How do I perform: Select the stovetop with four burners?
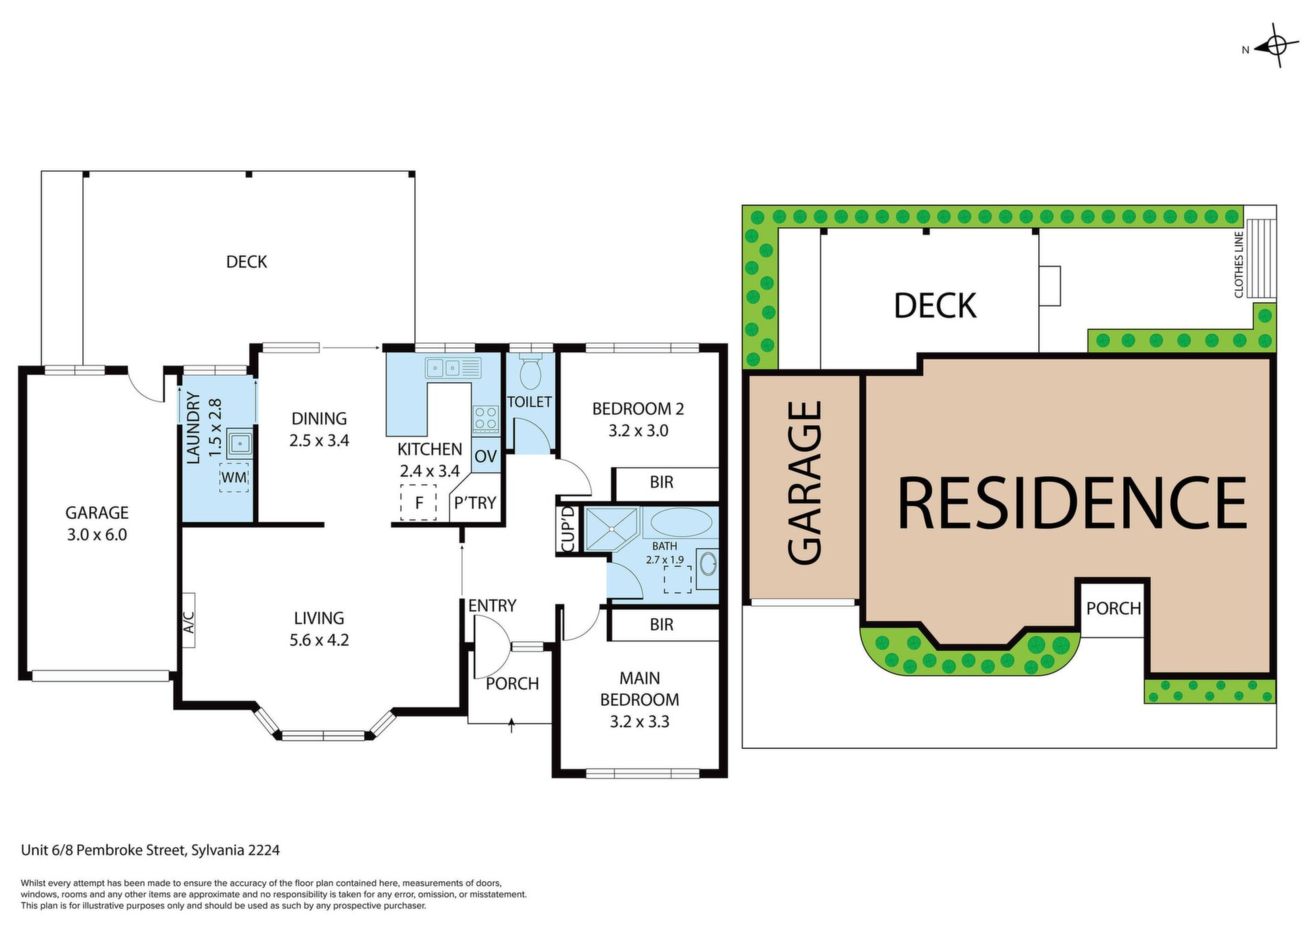click(486, 418)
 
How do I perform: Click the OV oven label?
click(485, 457)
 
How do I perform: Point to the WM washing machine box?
click(234, 478)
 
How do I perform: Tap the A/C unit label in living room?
click(189, 620)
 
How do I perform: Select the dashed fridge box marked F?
click(418, 503)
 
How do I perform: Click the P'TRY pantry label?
click(475, 503)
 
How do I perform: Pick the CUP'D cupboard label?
click(567, 530)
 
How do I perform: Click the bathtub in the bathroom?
click(681, 522)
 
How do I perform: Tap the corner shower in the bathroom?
click(612, 529)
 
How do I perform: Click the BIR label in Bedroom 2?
click(661, 482)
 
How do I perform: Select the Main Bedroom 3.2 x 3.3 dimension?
click(639, 722)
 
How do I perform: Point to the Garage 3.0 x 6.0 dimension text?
click(96, 535)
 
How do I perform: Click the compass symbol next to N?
click(1276, 46)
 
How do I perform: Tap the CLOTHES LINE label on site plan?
click(1239, 264)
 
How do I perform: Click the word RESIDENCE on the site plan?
click(1072, 503)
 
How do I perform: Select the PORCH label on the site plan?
click(1113, 608)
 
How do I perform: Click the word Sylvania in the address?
click(218, 851)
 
